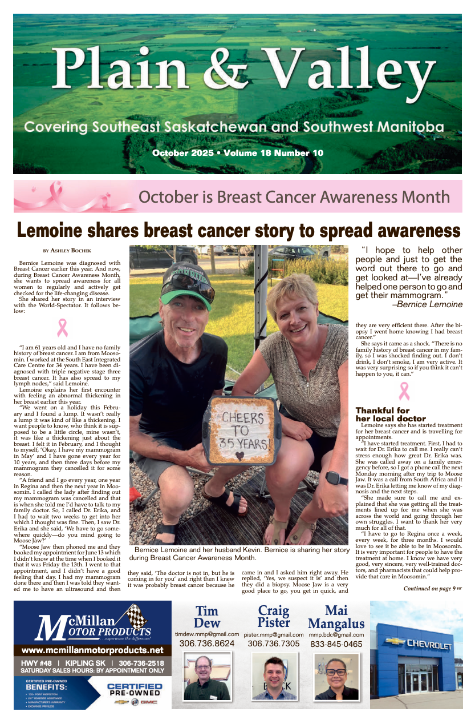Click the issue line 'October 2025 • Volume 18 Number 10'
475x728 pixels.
(237, 153)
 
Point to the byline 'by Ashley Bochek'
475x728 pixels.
(67, 250)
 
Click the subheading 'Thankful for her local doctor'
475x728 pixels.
(391, 415)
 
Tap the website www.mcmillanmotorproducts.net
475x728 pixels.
(92, 650)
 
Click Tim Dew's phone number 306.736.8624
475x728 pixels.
(206, 643)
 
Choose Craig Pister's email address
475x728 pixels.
(273, 634)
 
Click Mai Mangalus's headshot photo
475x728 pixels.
(336, 677)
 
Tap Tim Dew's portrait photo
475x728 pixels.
(206, 677)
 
